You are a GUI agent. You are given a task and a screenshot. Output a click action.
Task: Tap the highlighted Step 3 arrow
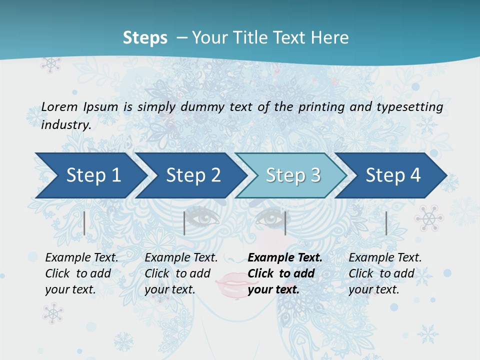pyautogui.click(x=293, y=175)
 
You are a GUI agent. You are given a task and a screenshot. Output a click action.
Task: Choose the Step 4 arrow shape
pyautogui.click(x=393, y=175)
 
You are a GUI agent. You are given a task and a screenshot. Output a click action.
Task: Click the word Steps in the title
pyautogui.click(x=145, y=37)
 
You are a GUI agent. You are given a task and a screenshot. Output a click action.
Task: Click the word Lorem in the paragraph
pyautogui.click(x=59, y=106)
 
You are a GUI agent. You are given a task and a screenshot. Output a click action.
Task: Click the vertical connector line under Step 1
pyautogui.click(x=84, y=223)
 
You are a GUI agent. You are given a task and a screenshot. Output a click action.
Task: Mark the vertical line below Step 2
pyautogui.click(x=184, y=223)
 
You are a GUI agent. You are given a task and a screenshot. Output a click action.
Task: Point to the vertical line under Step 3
pyautogui.click(x=285, y=223)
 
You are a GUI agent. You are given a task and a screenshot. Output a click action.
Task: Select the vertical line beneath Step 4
pyautogui.click(x=386, y=223)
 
